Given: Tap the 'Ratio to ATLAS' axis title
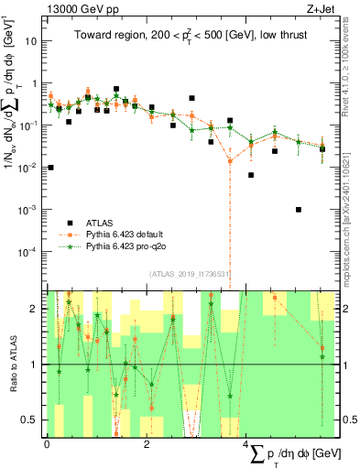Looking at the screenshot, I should pos(11,365).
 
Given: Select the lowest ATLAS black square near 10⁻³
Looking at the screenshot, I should pos(299,210).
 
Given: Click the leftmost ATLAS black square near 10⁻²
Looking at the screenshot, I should pos(50,168).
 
